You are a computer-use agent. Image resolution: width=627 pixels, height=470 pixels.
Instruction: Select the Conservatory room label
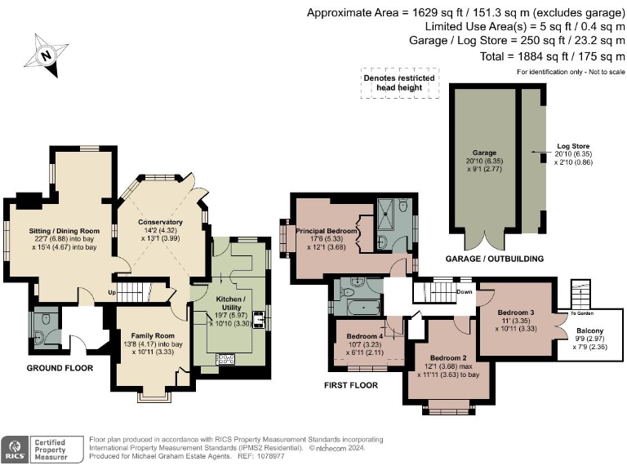point(160,222)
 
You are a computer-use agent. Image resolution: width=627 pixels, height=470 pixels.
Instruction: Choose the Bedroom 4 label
point(364,336)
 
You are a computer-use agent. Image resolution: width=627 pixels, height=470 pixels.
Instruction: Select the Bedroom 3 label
point(516,312)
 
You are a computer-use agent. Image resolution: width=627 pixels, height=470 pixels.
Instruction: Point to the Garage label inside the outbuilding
point(484,153)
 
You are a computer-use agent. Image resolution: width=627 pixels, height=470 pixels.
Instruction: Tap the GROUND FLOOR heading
point(59,368)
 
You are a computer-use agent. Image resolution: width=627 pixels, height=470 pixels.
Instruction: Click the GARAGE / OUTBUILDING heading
point(495,259)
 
